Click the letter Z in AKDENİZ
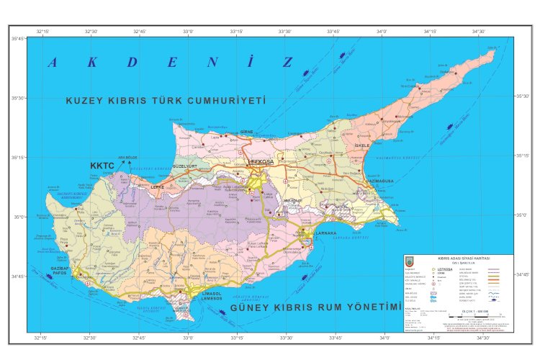[x=287, y=62]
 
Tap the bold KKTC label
[x=102, y=166]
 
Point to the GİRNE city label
[x=246, y=133]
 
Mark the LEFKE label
[x=157, y=186]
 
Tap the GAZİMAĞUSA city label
[x=378, y=181]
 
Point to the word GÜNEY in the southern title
[x=251, y=308]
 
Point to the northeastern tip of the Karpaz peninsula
[x=496, y=48]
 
